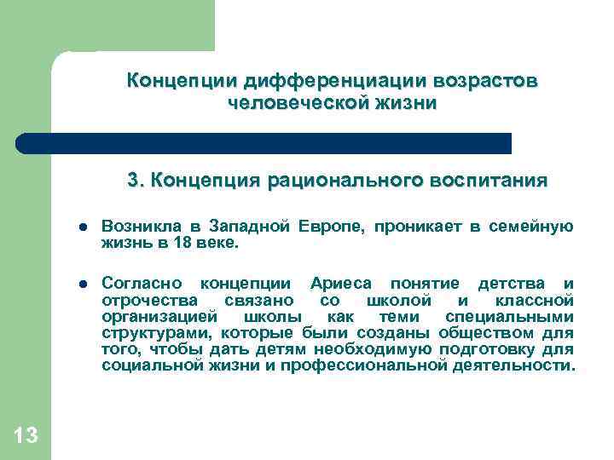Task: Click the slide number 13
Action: tap(26, 435)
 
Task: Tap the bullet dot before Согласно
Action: tap(83, 284)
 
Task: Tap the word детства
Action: tap(508, 283)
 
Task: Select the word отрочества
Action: tap(150, 300)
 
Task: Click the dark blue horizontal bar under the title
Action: tap(264, 143)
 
